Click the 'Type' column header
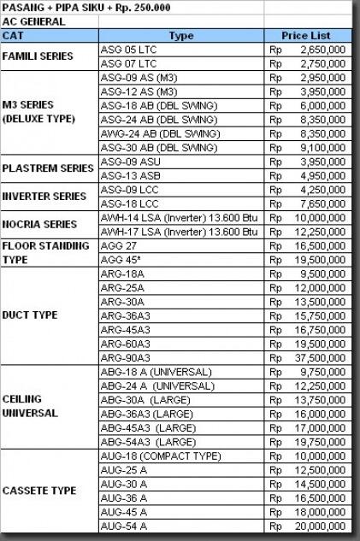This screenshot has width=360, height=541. point(181,36)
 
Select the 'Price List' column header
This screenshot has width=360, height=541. point(306,36)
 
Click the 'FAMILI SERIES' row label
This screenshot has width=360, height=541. point(38,56)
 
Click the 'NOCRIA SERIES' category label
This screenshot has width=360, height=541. point(39,224)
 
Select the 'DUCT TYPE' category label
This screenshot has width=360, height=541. point(30,315)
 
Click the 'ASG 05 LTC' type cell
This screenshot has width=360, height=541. point(129,50)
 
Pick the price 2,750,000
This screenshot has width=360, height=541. point(322,63)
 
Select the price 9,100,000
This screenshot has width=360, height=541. point(322,146)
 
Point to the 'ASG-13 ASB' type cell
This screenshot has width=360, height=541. point(129,175)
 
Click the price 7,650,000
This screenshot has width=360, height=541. point(322,203)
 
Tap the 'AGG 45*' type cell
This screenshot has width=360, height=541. point(120,258)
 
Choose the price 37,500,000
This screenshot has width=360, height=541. point(320,356)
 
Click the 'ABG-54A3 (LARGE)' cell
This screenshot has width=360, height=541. point(148,442)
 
